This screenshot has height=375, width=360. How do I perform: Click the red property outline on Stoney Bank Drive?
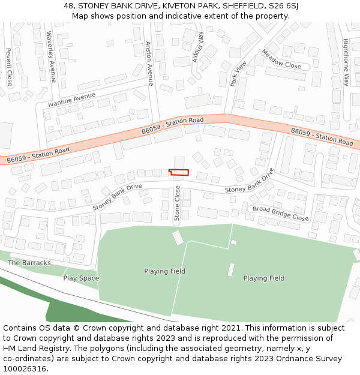click(179, 172)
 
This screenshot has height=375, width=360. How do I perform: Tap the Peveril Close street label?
click(9, 67)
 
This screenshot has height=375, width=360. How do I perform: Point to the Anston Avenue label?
click(149, 63)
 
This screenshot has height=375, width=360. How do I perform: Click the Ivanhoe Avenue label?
click(72, 100)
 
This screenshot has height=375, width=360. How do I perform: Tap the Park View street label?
click(238, 74)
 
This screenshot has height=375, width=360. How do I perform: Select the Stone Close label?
click(177, 203)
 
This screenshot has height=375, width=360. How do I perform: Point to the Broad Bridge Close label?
click(280, 213)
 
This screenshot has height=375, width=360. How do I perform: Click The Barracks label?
click(29, 263)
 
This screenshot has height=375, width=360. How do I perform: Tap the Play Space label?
click(81, 278)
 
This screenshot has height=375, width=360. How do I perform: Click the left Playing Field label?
click(164, 271)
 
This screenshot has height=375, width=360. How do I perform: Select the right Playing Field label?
click(263, 278)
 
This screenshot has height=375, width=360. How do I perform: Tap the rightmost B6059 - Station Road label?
click(322, 136)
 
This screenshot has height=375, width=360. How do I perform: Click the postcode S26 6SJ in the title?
click(285, 5)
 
